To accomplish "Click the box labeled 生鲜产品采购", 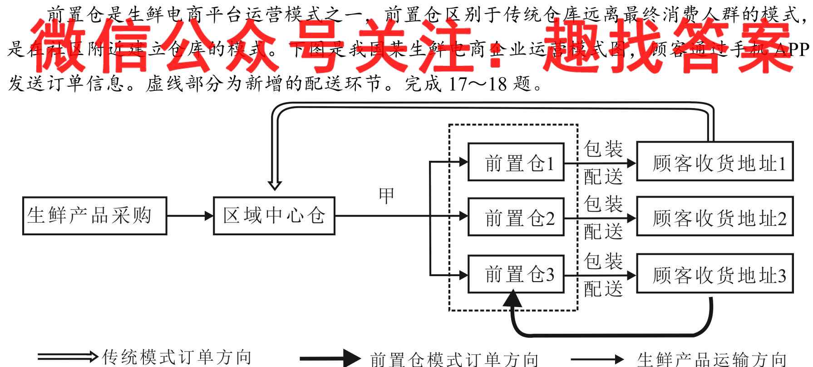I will point(94,216).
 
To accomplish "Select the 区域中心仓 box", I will point(274,216).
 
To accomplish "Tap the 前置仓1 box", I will point(516,163).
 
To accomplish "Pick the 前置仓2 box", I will point(516,218).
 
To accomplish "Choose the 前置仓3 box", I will point(516,274).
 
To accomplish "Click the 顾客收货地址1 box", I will point(715,163).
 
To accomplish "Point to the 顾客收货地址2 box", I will point(715,218).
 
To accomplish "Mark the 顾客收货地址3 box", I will point(715,275).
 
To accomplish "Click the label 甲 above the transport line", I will point(386,196).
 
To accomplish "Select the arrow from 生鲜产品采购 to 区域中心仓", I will point(190,216).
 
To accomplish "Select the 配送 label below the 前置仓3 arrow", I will point(603,289).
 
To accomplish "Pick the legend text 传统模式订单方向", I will point(177,357).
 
